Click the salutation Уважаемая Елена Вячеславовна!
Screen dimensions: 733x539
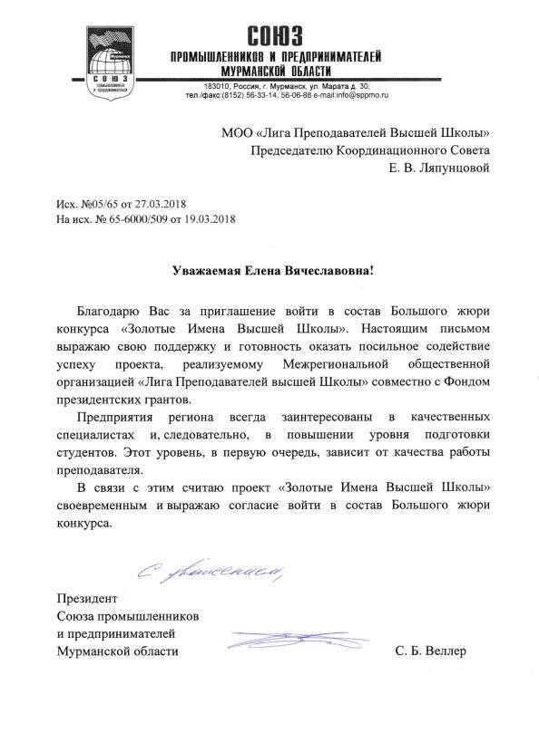(x=273, y=271)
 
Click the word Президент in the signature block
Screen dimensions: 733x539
(x=87, y=599)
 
